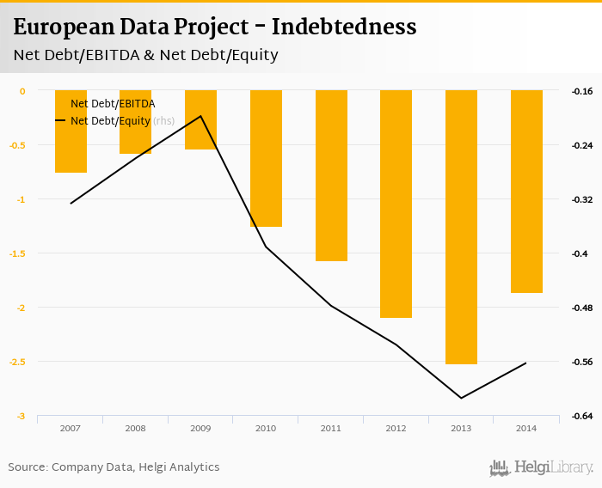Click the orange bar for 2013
(x=461, y=227)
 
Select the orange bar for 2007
(x=71, y=131)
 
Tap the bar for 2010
(x=266, y=158)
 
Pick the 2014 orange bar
(x=526, y=191)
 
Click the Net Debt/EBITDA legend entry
(x=112, y=104)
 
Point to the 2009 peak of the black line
(x=200, y=116)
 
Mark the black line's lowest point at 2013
(x=461, y=398)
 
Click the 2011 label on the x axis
(x=331, y=428)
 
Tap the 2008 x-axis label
(x=135, y=428)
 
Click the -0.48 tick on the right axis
(x=582, y=308)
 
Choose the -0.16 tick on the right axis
(x=582, y=91)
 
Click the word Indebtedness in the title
(x=344, y=27)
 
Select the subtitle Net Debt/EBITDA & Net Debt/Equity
(x=145, y=55)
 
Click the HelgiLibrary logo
(x=541, y=467)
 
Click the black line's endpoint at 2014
(x=526, y=363)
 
